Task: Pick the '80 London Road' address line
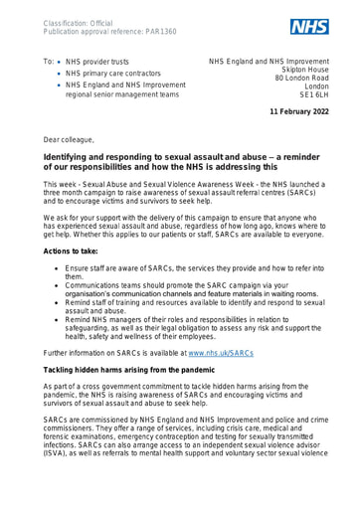tap(307, 96)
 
